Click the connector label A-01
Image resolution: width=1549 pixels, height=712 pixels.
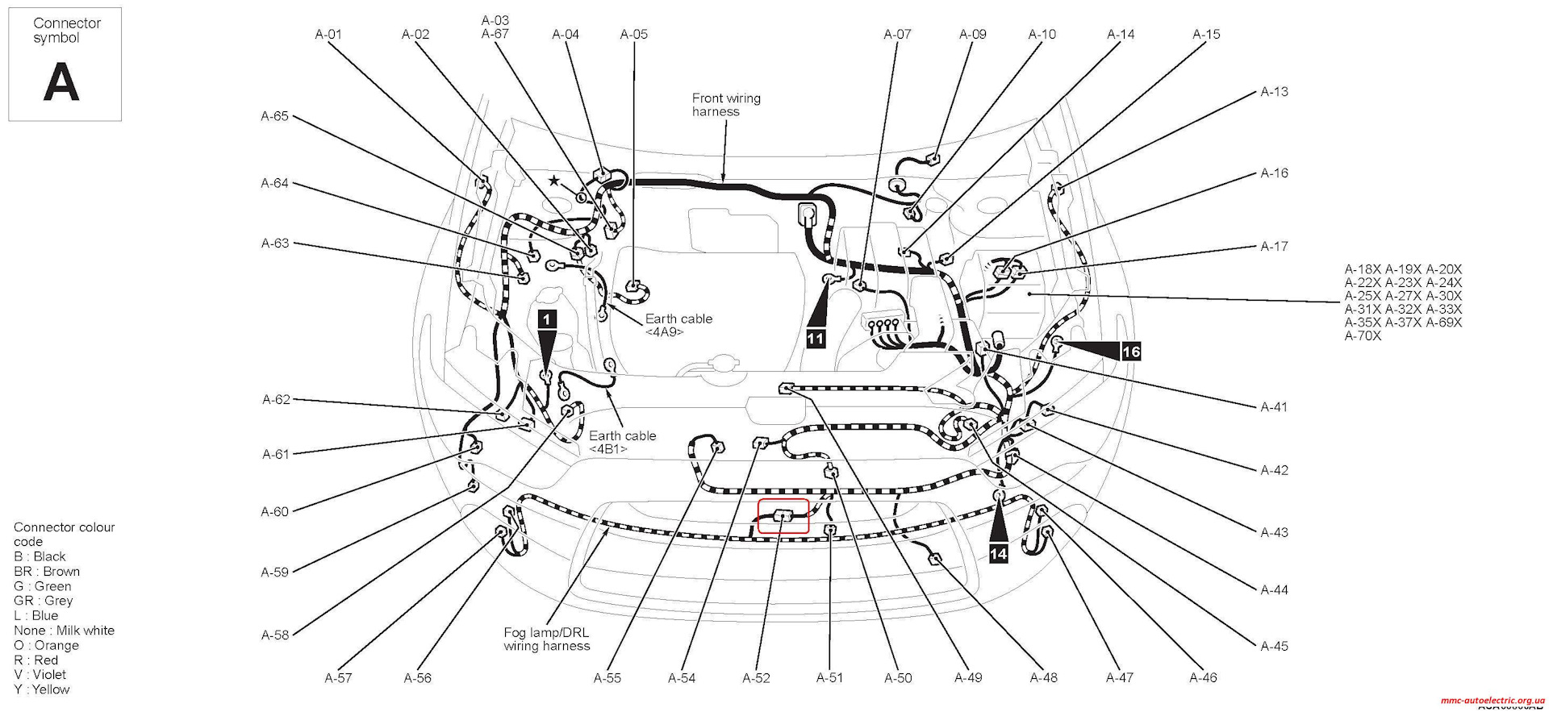click(x=328, y=34)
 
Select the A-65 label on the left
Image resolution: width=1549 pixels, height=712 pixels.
click(x=274, y=116)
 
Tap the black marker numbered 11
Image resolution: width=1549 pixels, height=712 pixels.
click(x=816, y=338)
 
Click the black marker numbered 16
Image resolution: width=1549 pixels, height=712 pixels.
click(x=1131, y=351)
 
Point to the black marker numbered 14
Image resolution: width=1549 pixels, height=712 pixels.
click(x=999, y=553)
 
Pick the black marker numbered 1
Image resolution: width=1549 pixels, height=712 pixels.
click(x=547, y=319)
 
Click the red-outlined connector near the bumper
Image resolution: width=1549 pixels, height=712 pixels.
click(x=783, y=516)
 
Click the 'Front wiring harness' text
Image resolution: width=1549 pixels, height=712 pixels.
click(x=725, y=105)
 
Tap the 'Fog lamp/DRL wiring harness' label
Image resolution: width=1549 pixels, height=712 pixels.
click(x=547, y=639)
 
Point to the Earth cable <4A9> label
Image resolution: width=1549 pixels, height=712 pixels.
click(x=678, y=325)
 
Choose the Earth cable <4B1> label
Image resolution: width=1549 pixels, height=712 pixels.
click(x=621, y=442)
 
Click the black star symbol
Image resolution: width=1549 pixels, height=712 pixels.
click(x=553, y=181)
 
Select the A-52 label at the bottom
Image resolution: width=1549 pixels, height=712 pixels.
click(x=756, y=678)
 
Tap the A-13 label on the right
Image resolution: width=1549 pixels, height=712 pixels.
click(x=1274, y=92)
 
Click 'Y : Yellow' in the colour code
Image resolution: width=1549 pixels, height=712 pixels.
click(x=42, y=689)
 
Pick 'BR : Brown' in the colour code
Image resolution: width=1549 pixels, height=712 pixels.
click(x=47, y=572)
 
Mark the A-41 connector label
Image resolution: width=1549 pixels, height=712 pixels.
click(x=1274, y=407)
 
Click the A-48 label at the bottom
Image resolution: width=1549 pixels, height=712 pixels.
click(x=1043, y=678)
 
